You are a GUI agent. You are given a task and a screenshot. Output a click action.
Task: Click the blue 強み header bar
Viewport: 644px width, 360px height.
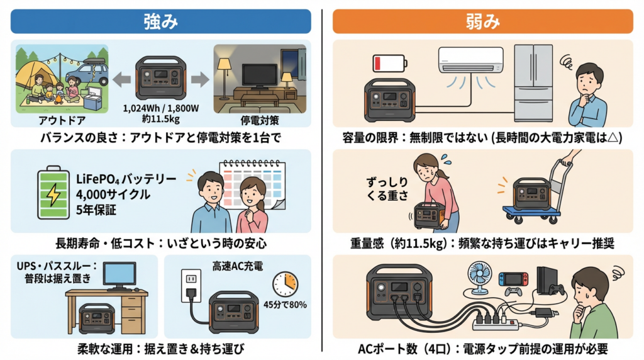[x=161, y=21]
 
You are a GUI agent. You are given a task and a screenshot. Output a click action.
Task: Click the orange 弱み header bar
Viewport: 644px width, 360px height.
[x=482, y=21]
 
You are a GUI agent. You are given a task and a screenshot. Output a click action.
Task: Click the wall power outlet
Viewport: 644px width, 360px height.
[x=190, y=279]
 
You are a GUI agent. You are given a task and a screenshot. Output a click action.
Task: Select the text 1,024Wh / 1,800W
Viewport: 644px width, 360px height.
[x=160, y=108]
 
